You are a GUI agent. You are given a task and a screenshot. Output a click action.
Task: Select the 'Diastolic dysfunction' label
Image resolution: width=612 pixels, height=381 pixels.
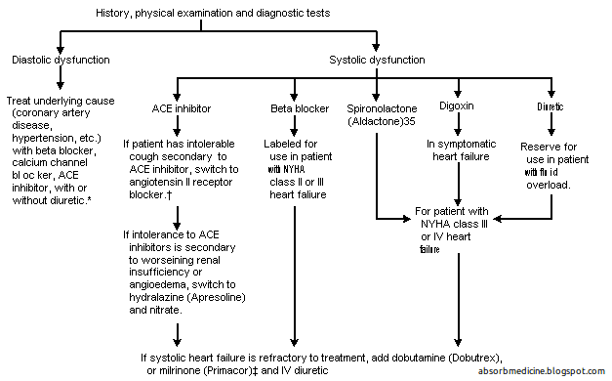click(x=60, y=59)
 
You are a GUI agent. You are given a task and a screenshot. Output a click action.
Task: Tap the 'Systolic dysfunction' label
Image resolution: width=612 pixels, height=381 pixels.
click(x=376, y=59)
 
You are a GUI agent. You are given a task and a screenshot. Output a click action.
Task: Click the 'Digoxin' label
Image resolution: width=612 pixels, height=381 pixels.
click(x=458, y=106)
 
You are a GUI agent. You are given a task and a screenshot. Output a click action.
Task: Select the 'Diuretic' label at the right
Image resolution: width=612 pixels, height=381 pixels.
click(x=551, y=106)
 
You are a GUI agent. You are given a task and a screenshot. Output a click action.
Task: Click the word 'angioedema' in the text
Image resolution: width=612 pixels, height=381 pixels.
click(x=156, y=281)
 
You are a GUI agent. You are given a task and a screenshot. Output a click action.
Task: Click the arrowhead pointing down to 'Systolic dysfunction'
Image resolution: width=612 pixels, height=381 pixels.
click(x=377, y=46)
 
